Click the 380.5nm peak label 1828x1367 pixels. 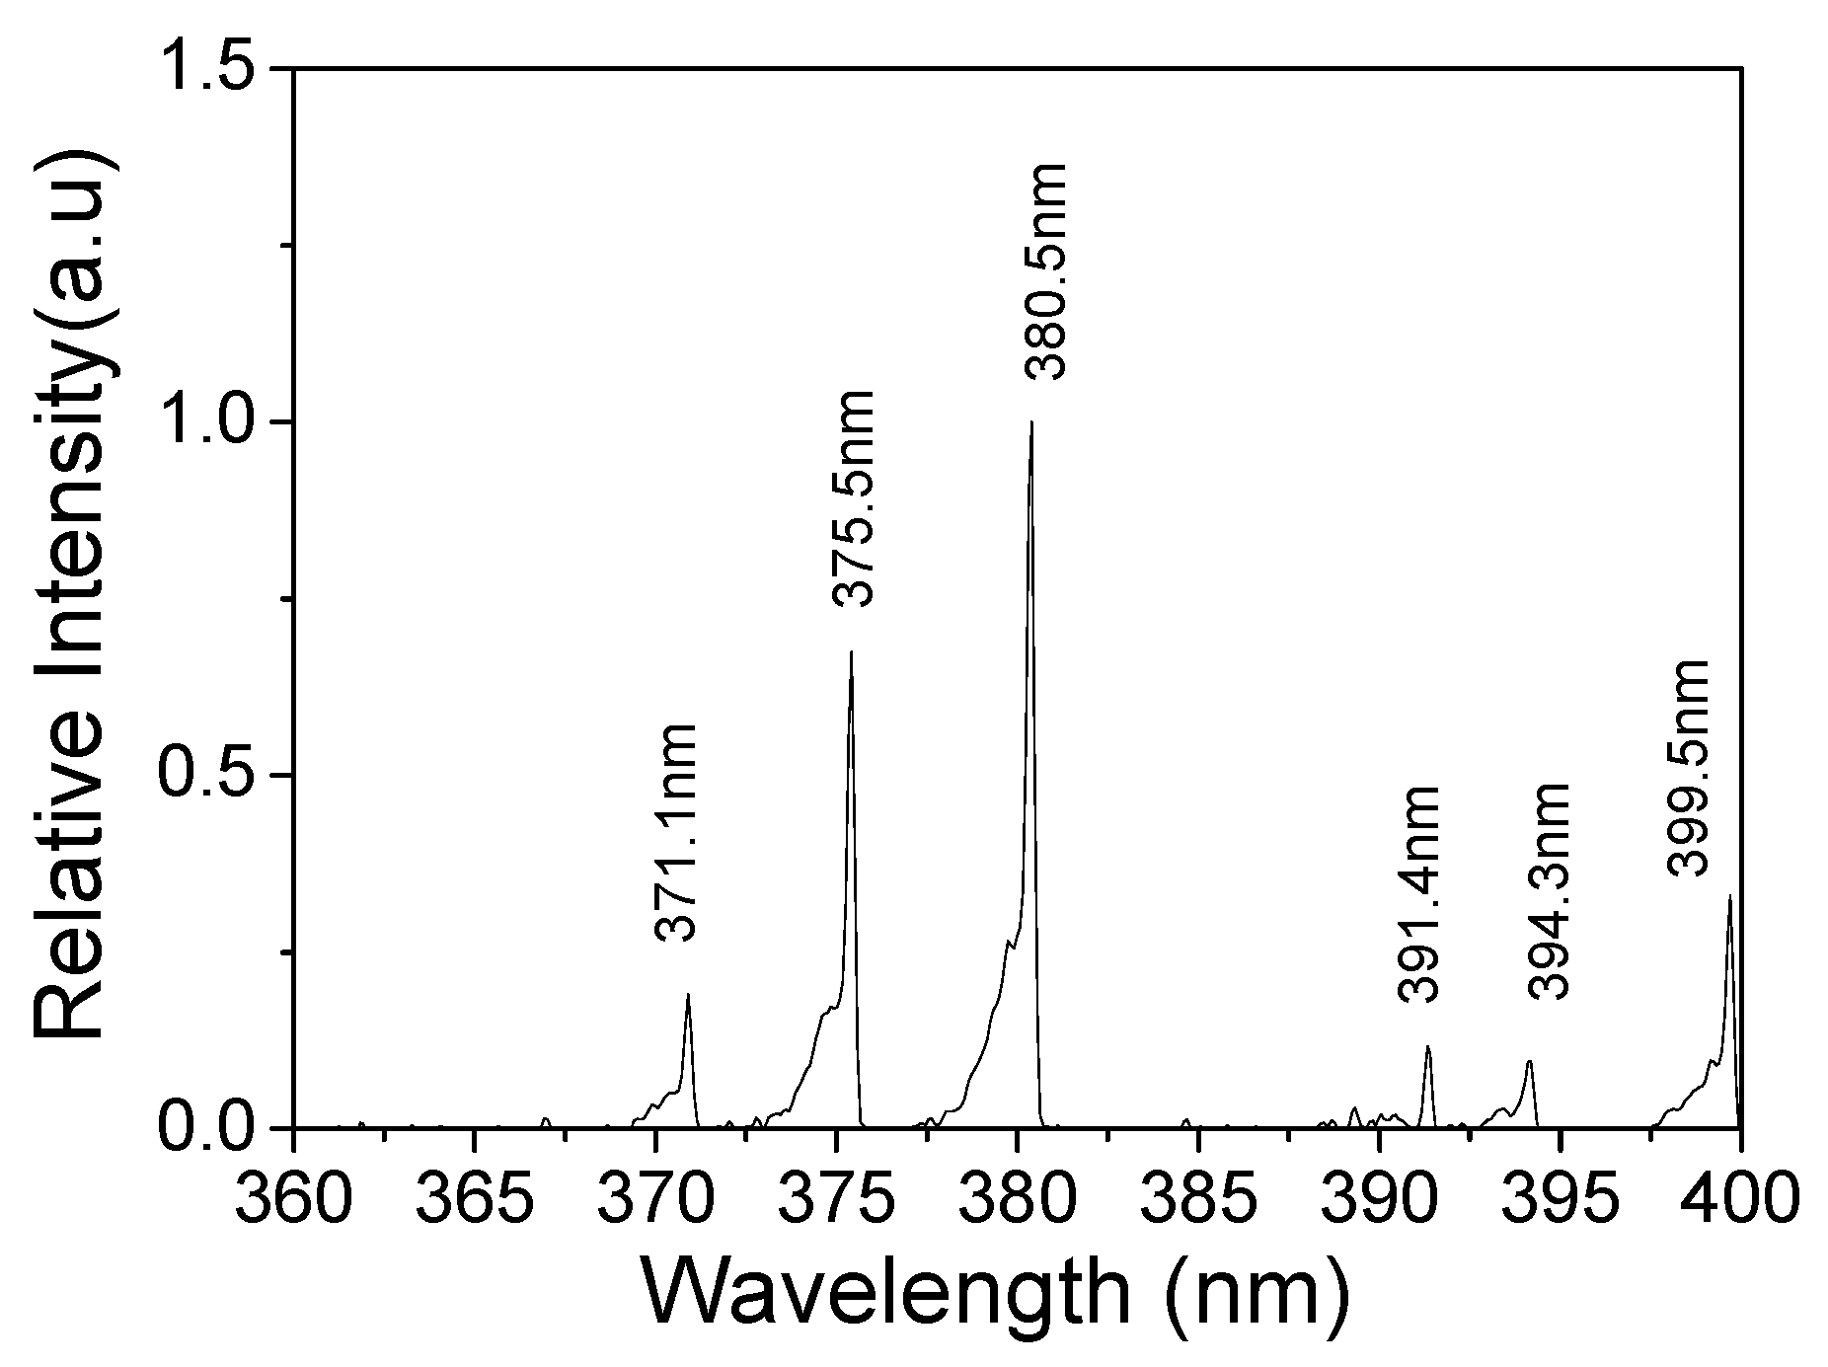click(1045, 271)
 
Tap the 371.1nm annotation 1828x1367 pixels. click(676, 832)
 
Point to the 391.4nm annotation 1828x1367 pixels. click(1420, 894)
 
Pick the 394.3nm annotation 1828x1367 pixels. click(1548, 890)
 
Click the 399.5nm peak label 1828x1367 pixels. click(1687, 768)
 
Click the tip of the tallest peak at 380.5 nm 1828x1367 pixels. click(1031, 422)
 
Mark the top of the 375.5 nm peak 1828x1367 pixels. click(851, 651)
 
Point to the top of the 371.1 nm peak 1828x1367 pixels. click(688, 994)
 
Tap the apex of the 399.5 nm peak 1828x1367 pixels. click(1729, 896)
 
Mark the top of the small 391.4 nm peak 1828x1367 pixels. click(1427, 1046)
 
